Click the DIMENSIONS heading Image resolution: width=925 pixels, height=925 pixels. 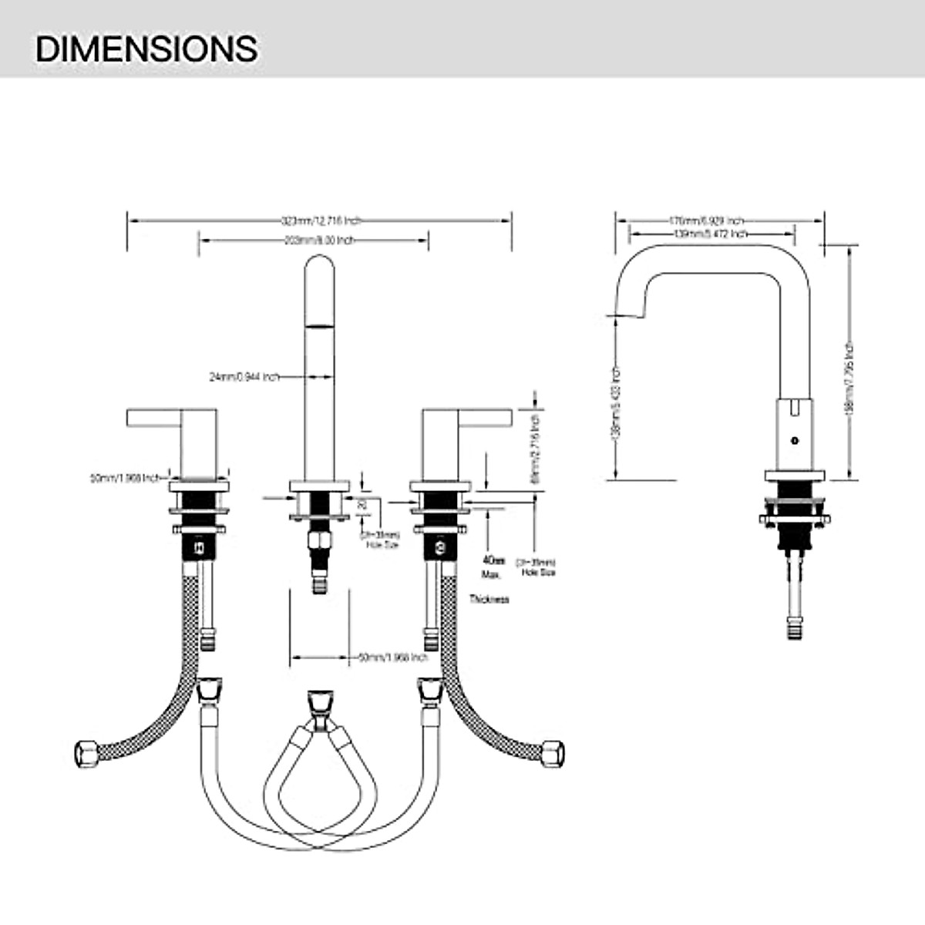tap(146, 48)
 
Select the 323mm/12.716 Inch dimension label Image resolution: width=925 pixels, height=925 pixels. tap(320, 220)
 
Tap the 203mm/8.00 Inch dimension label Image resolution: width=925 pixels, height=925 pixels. tap(315, 240)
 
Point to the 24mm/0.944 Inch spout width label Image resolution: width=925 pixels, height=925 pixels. tap(244, 378)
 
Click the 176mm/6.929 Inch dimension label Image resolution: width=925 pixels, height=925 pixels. tap(706, 220)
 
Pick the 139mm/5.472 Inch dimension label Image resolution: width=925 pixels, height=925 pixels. tap(710, 233)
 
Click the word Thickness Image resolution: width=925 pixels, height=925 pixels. tap(489, 599)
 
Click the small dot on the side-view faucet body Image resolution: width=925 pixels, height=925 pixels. tap(795, 440)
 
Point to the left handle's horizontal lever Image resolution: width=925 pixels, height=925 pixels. tap(154, 417)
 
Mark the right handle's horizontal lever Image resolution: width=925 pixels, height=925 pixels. tap(486, 417)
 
